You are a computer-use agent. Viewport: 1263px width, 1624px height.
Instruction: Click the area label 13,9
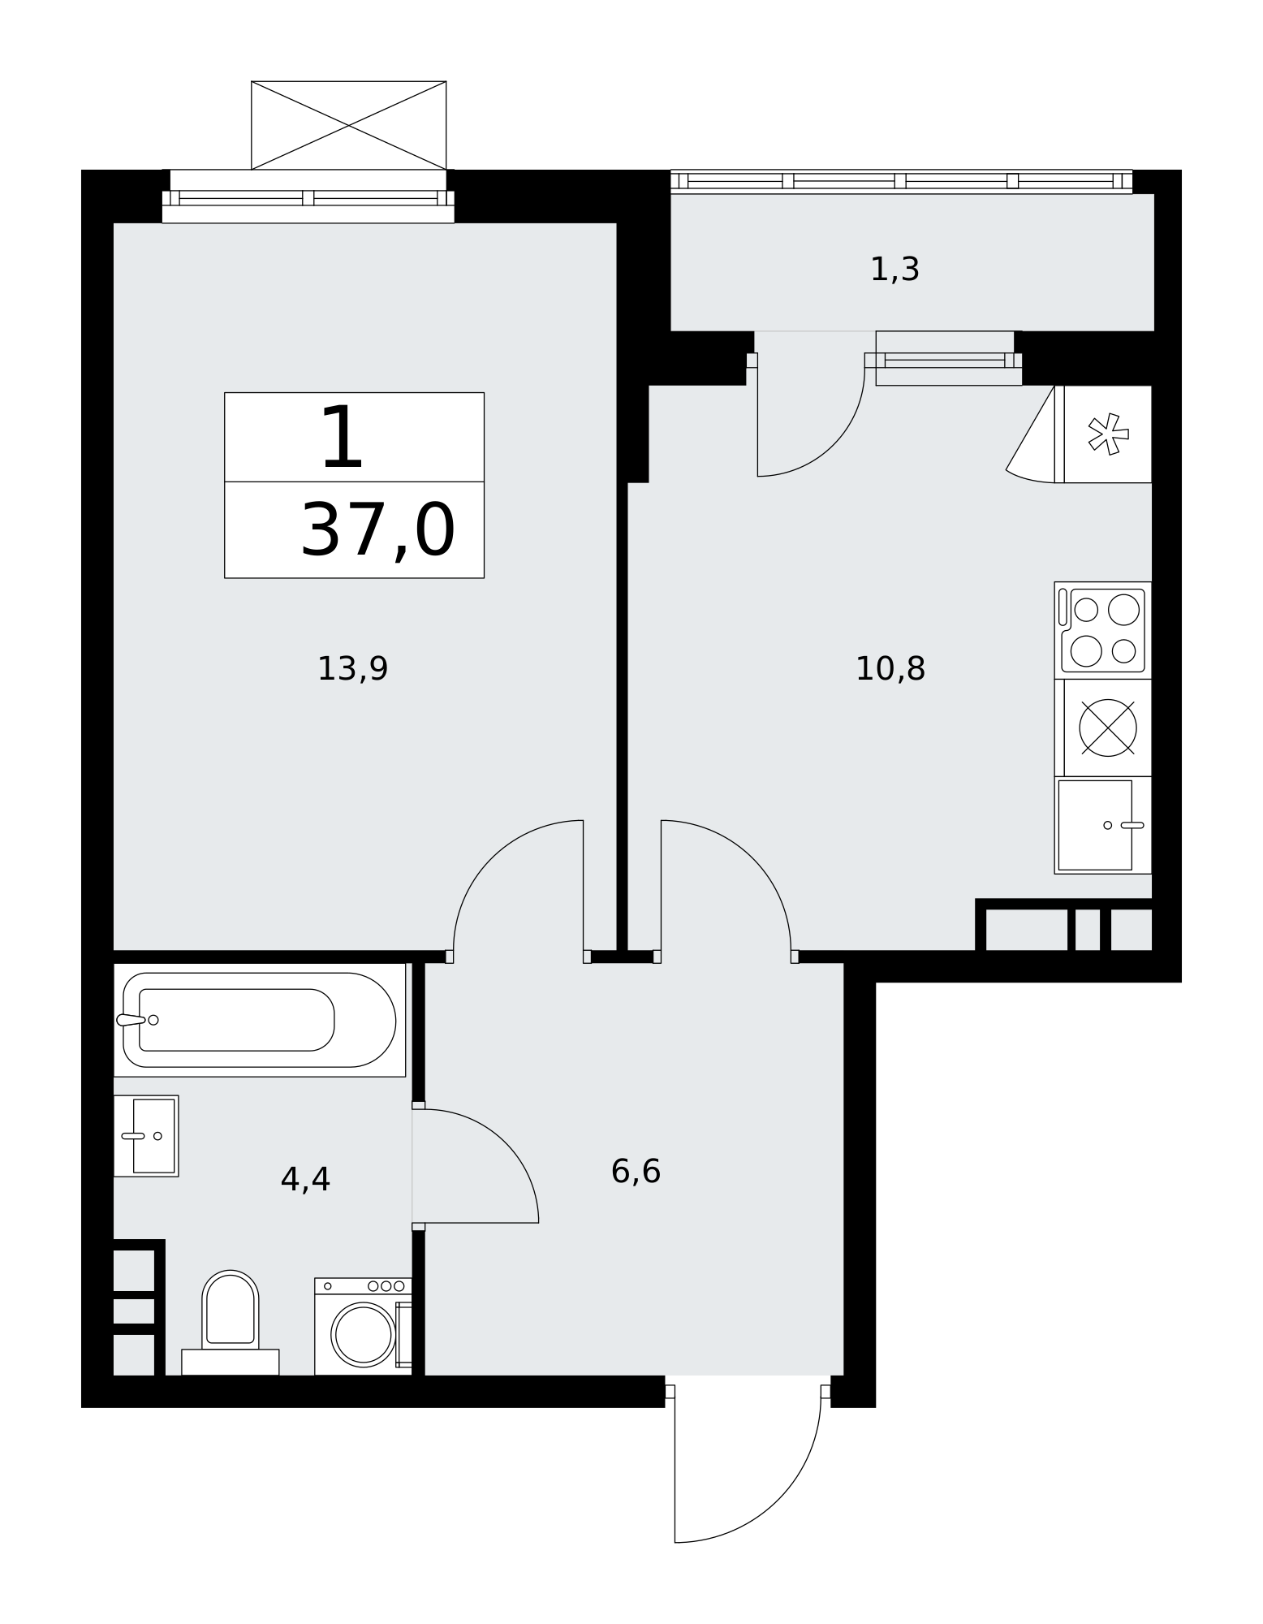352,669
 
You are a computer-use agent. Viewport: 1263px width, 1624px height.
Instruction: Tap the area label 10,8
890,669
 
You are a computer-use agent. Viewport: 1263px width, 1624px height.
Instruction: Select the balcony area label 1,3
894,270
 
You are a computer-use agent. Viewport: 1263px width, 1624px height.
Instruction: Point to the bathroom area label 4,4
305,1180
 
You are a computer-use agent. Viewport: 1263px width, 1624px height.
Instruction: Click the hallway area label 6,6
636,1172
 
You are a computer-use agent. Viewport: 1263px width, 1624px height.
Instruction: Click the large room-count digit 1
342,438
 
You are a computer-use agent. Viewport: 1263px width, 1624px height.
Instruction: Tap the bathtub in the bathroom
259,1020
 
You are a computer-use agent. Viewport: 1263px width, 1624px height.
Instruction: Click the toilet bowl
231,1308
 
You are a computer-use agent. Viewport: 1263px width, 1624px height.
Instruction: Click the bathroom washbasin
146,1136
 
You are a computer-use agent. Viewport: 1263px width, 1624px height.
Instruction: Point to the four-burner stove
1103,630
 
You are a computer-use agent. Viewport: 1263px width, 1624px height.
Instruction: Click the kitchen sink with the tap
1103,825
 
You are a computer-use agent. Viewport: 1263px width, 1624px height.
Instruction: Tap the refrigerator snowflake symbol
1108,434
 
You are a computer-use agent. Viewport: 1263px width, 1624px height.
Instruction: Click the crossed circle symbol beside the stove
1108,728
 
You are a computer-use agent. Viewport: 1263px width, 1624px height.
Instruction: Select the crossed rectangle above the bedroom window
349,126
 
